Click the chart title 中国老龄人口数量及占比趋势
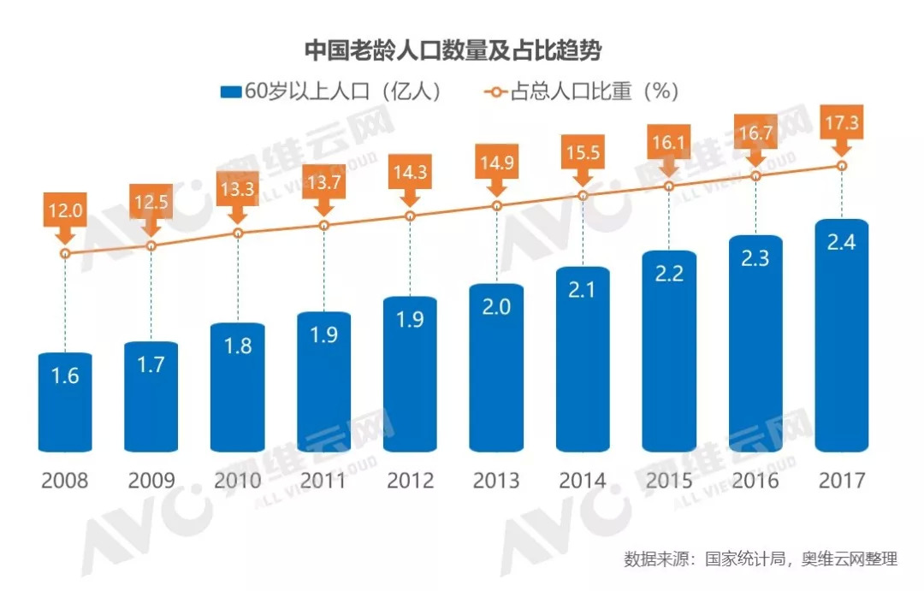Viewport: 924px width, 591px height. [453, 50]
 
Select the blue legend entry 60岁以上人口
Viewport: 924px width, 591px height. [330, 91]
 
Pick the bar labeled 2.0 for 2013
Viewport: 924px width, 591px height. [496, 368]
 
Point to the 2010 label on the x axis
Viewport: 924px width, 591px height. [237, 480]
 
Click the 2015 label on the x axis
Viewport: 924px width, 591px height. [669, 480]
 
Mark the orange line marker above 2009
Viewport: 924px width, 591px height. [151, 246]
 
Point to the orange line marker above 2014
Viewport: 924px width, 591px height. [583, 196]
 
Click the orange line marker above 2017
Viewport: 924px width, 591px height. [843, 166]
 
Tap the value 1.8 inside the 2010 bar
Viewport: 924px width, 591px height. [237, 347]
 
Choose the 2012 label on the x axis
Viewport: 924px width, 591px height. [410, 480]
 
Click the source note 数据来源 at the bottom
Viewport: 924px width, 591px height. [761, 560]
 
